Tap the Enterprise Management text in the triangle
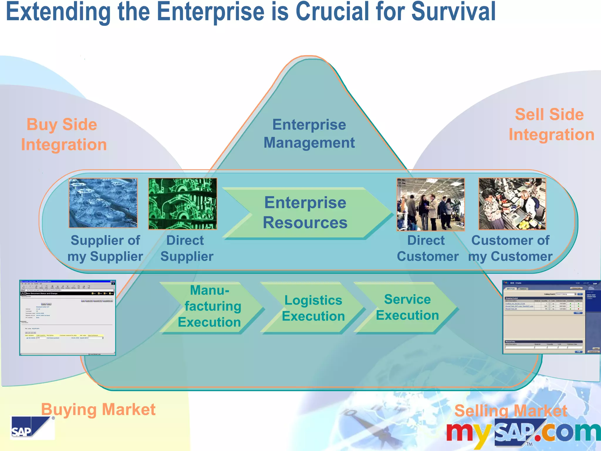pyautogui.click(x=309, y=134)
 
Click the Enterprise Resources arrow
pyautogui.click(x=305, y=213)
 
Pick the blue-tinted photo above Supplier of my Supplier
pyautogui.click(x=103, y=203)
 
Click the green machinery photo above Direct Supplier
pyautogui.click(x=183, y=204)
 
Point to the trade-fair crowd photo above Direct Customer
pyautogui.click(x=431, y=204)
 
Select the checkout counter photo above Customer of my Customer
pyautogui.click(x=512, y=204)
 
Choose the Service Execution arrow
pyautogui.click(x=407, y=307)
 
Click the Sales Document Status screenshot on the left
pyautogui.click(x=67, y=318)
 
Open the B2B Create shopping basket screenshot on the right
pyautogui.click(x=551, y=317)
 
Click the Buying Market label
pyautogui.click(x=98, y=409)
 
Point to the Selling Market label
pyautogui.click(x=511, y=410)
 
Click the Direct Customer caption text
pyautogui.click(x=427, y=248)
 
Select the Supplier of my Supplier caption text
pyautogui.click(x=105, y=248)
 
